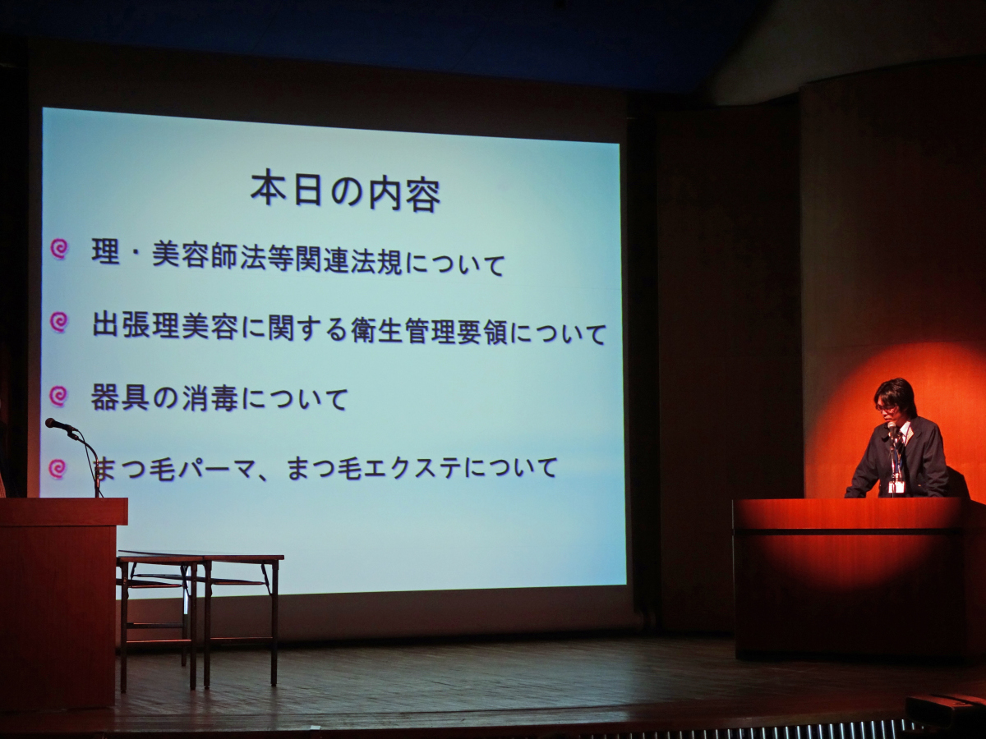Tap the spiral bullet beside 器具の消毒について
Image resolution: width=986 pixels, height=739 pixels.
[59, 397]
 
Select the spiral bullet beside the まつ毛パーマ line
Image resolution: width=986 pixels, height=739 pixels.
[58, 468]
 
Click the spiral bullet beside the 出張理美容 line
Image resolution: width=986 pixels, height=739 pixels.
[59, 322]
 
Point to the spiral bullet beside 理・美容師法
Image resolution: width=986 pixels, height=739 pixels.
[59, 249]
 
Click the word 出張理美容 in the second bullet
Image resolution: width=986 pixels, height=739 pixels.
[165, 325]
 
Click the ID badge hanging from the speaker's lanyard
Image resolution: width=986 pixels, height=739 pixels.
[893, 487]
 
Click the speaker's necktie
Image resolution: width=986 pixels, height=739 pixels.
[898, 448]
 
